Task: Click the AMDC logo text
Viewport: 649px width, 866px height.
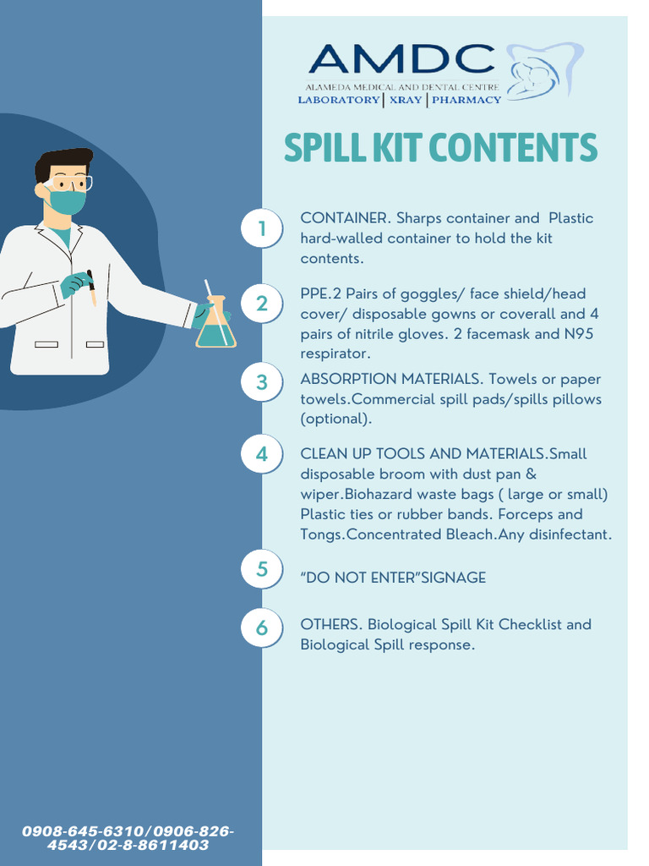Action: (x=401, y=59)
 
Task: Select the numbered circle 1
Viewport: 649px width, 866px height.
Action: (x=262, y=229)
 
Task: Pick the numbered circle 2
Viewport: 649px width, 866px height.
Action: (x=262, y=304)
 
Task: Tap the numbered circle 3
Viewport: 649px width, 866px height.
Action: (x=262, y=382)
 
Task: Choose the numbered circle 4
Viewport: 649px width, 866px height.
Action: (x=262, y=454)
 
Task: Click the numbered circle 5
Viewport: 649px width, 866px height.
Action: (x=262, y=569)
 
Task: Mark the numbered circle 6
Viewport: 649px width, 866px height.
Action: (x=262, y=628)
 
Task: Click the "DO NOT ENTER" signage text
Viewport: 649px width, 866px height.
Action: (x=393, y=578)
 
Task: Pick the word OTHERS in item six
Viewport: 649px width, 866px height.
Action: (x=330, y=625)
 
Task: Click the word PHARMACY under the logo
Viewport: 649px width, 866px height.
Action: (x=466, y=100)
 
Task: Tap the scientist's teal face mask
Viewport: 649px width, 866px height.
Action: (x=68, y=201)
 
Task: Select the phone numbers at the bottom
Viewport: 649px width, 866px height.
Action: (x=128, y=838)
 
